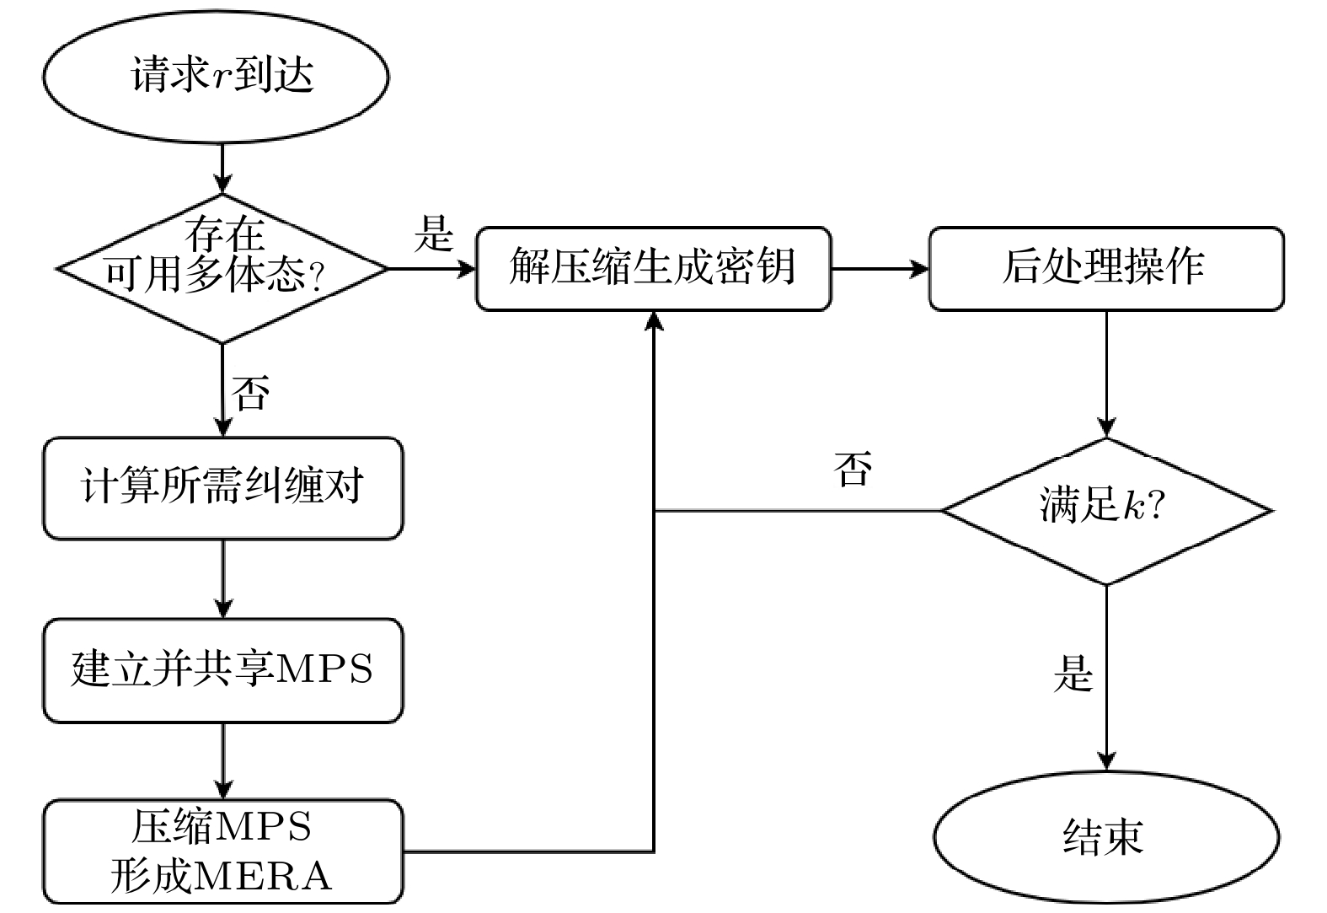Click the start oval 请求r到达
[x=216, y=76]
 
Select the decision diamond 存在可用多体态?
[x=222, y=269]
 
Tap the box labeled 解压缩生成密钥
[x=653, y=268]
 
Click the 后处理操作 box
[x=1105, y=268]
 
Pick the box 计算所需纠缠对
[x=222, y=487]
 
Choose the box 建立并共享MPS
[x=222, y=670]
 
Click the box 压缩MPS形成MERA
[x=222, y=851]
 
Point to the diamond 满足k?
[x=1105, y=510]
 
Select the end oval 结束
[x=1105, y=837]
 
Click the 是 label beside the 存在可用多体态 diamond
[x=434, y=233]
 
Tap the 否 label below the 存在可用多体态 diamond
[x=251, y=392]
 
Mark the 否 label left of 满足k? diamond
[x=853, y=468]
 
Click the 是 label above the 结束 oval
[x=1073, y=674]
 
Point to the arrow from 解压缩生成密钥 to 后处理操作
[x=880, y=269]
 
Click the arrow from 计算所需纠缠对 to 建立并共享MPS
[x=222, y=579]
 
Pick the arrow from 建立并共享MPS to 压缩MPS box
[x=222, y=760]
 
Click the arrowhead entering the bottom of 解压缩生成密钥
[x=654, y=321]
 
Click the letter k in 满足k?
[x=1133, y=506]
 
